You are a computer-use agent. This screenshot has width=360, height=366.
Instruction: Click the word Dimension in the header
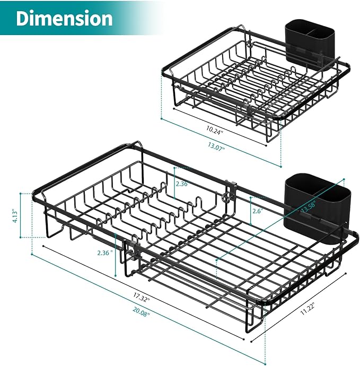[x=64, y=18]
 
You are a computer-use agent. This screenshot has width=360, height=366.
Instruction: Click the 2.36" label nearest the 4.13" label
[x=105, y=253]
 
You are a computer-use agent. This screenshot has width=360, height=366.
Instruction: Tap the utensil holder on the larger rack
[x=315, y=208]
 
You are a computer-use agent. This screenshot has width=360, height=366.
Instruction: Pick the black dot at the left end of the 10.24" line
[x=173, y=109]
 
